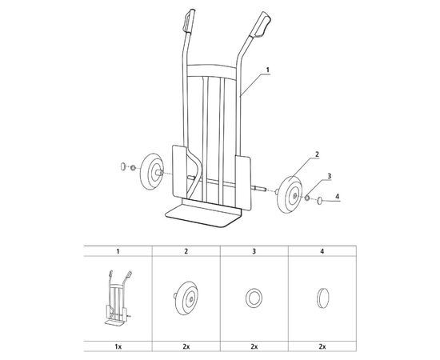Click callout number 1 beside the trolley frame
point(268,70)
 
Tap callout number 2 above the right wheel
point(317,154)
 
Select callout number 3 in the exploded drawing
point(330,176)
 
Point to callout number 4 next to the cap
point(337,197)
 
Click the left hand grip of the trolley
point(189,21)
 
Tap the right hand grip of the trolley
point(262,25)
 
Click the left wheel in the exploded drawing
point(151,171)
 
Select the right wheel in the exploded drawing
point(290,195)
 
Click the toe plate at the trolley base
point(202,215)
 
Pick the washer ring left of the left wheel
point(133,168)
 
